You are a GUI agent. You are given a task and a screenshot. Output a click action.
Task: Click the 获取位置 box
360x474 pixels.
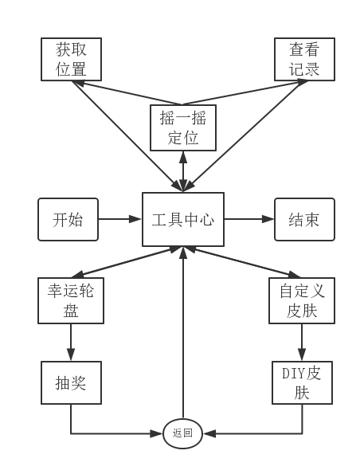(71, 59)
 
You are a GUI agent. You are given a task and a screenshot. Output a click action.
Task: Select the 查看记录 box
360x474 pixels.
(304, 59)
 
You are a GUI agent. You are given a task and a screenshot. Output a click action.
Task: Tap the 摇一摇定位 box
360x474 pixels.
(183, 127)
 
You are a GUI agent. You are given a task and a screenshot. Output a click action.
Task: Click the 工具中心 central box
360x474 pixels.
(183, 219)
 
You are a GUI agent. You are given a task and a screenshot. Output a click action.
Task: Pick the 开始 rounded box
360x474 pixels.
(68, 219)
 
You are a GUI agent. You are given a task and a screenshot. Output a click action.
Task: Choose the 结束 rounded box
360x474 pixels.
(304, 219)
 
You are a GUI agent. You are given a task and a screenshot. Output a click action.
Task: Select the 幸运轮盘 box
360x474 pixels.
(71, 300)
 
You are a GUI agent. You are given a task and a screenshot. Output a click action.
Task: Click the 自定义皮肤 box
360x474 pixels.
(302, 300)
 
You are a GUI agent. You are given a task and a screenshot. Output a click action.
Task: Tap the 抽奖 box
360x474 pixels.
(71, 382)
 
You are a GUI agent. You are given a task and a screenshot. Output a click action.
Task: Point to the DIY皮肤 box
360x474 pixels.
(302, 382)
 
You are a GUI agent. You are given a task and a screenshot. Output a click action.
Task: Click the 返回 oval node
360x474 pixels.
(182, 433)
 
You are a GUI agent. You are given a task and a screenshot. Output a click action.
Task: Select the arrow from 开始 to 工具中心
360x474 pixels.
(120, 219)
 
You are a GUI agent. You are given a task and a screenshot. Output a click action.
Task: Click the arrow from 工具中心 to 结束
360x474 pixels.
(249, 219)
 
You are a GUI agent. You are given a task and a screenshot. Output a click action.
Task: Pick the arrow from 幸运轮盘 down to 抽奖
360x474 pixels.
(71, 343)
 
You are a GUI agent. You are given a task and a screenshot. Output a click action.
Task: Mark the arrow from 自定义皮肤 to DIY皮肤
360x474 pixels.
(302, 343)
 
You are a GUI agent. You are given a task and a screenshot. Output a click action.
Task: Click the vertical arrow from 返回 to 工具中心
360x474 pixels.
(183, 332)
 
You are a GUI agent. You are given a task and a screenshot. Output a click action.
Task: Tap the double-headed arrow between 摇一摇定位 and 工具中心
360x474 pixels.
(183, 171)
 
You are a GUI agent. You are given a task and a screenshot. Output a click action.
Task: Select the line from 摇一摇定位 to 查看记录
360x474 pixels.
(245, 92)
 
